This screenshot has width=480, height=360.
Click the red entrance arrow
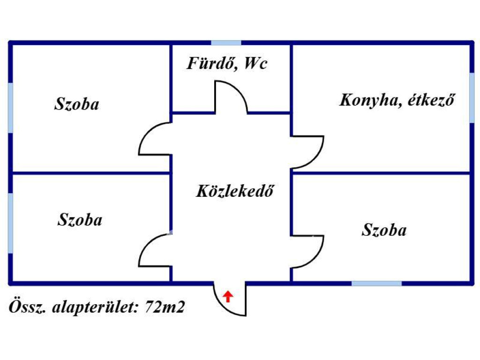point(228,296)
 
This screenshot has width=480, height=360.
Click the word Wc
point(256,63)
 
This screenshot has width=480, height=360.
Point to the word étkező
point(431,100)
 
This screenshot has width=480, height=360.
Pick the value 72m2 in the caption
point(165,307)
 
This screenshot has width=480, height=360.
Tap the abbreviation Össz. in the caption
point(28,307)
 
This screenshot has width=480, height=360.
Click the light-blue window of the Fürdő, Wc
point(226,43)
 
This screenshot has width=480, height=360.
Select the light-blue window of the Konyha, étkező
point(472,97)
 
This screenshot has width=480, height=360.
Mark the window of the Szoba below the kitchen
point(376,284)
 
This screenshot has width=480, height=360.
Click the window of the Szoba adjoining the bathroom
point(10,108)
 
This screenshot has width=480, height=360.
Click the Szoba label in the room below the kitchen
point(384,230)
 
